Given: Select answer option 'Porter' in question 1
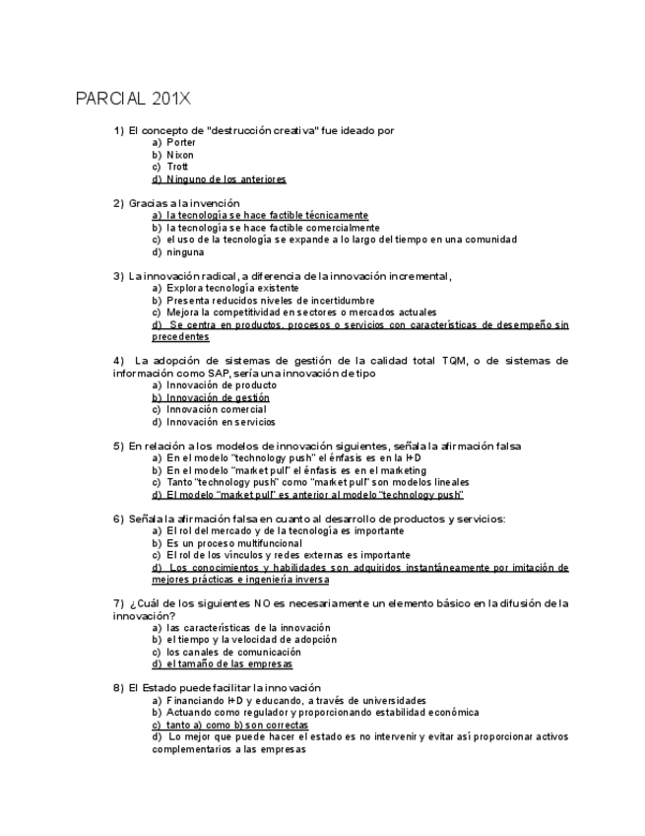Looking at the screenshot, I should coord(181,143).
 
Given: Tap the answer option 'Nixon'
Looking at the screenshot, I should coord(180,155).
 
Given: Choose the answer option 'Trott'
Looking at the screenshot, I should coord(177,167).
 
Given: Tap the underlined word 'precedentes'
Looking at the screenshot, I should coord(180,336).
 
